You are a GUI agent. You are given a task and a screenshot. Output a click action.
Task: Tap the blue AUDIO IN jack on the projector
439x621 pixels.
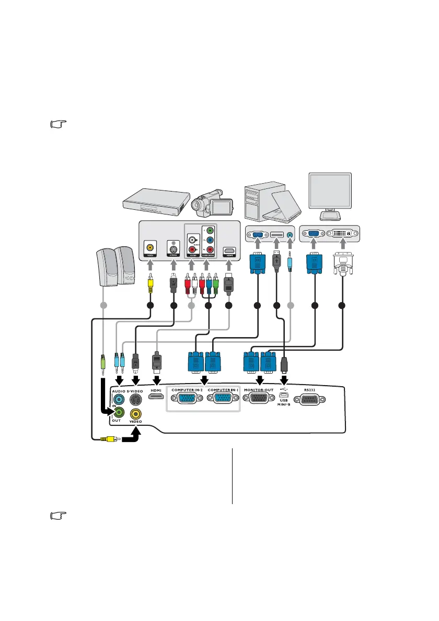click(x=119, y=399)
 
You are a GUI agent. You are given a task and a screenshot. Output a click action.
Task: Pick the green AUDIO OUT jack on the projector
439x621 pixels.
click(x=119, y=412)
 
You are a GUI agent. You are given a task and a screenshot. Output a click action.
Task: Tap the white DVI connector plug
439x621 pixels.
click(x=342, y=268)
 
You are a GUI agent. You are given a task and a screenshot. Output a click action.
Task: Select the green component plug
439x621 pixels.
click(x=215, y=284)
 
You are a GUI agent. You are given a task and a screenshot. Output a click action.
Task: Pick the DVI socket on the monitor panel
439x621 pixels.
click(x=342, y=235)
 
